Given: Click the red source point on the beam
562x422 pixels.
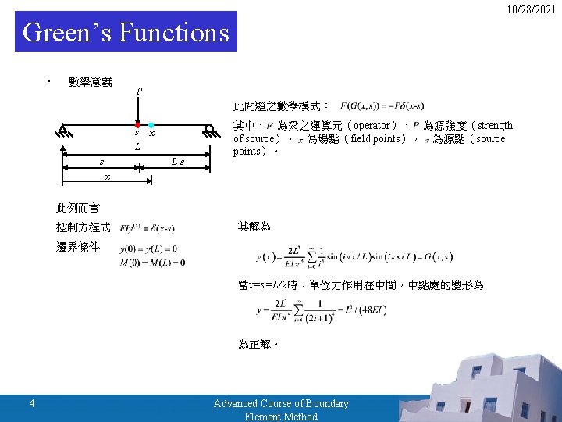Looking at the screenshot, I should click(137, 125).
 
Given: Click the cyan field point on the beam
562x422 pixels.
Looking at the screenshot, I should click(151, 125).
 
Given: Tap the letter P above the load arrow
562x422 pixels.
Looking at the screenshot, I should click(139, 91).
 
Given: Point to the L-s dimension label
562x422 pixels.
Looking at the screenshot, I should click(177, 162).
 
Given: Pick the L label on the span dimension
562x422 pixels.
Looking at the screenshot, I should click(137, 148).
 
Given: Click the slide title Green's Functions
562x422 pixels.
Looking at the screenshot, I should click(126, 33).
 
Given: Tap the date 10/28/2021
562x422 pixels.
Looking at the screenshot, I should click(531, 9).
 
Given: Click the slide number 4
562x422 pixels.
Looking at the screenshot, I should click(31, 403).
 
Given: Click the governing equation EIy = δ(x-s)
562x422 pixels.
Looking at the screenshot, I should click(148, 228).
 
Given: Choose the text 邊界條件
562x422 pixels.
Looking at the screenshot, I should click(77, 247).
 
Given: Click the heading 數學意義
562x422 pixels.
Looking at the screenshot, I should click(90, 81).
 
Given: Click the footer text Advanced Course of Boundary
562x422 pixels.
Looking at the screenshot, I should click(281, 403).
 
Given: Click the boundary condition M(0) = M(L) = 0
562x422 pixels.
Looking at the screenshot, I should click(152, 262).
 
